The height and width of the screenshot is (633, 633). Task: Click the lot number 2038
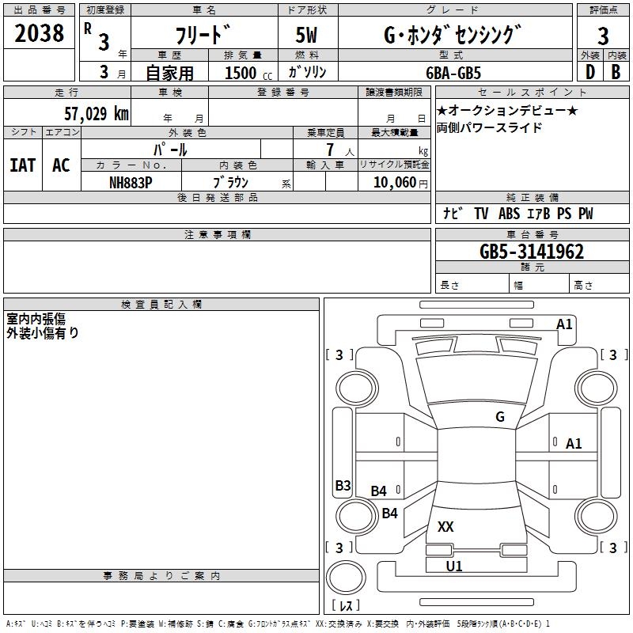39,32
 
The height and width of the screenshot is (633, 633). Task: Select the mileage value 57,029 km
97,113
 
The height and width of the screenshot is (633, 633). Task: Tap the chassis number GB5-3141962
532,252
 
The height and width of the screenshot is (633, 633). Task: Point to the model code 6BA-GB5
453,73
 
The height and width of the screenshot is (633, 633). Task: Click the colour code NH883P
131,183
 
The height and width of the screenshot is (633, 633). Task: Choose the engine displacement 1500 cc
248,73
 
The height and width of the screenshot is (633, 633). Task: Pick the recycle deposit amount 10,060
395,182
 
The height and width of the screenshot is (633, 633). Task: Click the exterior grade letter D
590,72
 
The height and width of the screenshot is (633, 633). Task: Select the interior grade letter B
616,72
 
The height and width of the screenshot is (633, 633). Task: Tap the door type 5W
306,35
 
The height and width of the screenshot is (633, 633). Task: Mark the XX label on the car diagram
445,526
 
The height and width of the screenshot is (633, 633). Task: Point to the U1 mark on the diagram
454,566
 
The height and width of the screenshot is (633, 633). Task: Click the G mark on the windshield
500,416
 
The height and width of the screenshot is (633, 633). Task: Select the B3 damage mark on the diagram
343,485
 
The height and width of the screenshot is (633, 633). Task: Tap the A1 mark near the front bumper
564,324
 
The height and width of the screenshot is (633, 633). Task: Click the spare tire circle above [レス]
346,578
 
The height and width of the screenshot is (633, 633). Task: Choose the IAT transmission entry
23,165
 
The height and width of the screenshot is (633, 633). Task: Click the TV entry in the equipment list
481,213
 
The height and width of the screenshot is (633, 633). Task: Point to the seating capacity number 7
330,150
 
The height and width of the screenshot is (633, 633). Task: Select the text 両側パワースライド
489,127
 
